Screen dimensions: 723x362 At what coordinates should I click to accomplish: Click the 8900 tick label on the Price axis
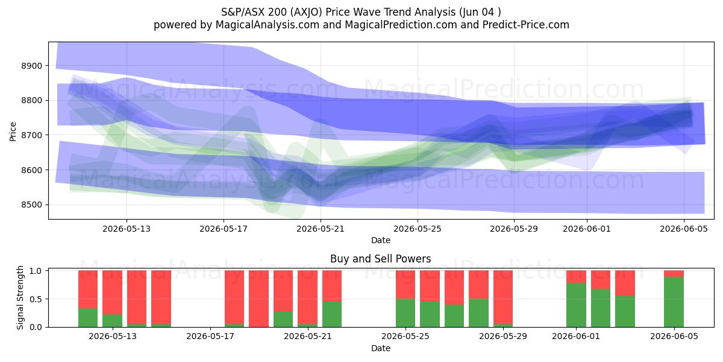click(31, 66)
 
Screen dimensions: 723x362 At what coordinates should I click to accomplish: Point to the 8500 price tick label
click(31, 205)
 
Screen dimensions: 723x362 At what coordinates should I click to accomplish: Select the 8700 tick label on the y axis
click(31, 135)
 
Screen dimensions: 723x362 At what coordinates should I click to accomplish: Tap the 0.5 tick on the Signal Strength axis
click(36, 299)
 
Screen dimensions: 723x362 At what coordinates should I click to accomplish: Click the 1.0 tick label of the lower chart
click(36, 271)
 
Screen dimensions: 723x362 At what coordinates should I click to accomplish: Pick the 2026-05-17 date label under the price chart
click(224, 229)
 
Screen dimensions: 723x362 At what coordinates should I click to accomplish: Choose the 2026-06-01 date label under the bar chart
click(576, 336)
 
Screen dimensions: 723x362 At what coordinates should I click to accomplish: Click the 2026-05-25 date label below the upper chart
click(418, 229)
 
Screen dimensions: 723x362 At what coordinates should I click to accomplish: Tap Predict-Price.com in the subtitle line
click(526, 25)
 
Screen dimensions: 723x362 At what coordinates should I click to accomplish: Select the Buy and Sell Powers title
click(381, 259)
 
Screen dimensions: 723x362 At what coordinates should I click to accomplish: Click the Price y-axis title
click(13, 132)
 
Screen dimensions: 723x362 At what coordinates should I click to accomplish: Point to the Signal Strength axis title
click(20, 297)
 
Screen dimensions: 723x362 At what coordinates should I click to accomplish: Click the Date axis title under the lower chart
click(381, 348)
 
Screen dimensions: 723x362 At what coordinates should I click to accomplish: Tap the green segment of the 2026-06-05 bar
click(674, 302)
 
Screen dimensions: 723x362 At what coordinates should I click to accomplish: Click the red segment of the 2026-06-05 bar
click(674, 274)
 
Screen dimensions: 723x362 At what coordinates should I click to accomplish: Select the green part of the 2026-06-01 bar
click(576, 305)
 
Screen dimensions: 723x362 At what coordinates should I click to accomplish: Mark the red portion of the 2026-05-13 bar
click(112, 293)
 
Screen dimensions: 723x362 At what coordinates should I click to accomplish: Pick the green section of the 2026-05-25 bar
click(405, 313)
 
